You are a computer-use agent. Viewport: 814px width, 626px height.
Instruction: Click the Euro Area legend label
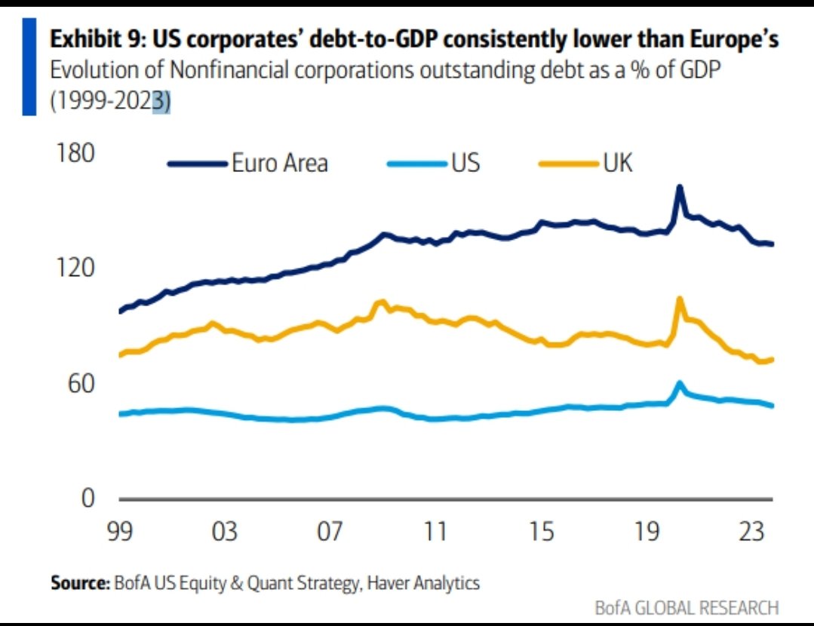click(x=279, y=163)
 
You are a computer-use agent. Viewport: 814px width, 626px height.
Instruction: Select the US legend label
click(x=465, y=163)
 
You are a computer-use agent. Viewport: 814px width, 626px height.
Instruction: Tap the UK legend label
click(x=617, y=163)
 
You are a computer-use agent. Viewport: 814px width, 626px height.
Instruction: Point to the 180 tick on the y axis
click(x=75, y=153)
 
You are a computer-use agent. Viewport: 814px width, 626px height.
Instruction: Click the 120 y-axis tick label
click(x=75, y=269)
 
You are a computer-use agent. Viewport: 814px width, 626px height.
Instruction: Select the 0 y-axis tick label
click(x=88, y=499)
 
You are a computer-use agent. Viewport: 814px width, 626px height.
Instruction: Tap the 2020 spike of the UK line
click(x=680, y=299)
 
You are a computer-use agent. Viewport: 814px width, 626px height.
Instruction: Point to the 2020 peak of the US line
click(x=680, y=383)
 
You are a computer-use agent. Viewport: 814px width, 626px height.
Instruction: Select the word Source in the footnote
click(x=79, y=583)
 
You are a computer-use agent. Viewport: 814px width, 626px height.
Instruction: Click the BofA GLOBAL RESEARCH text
click(x=687, y=607)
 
